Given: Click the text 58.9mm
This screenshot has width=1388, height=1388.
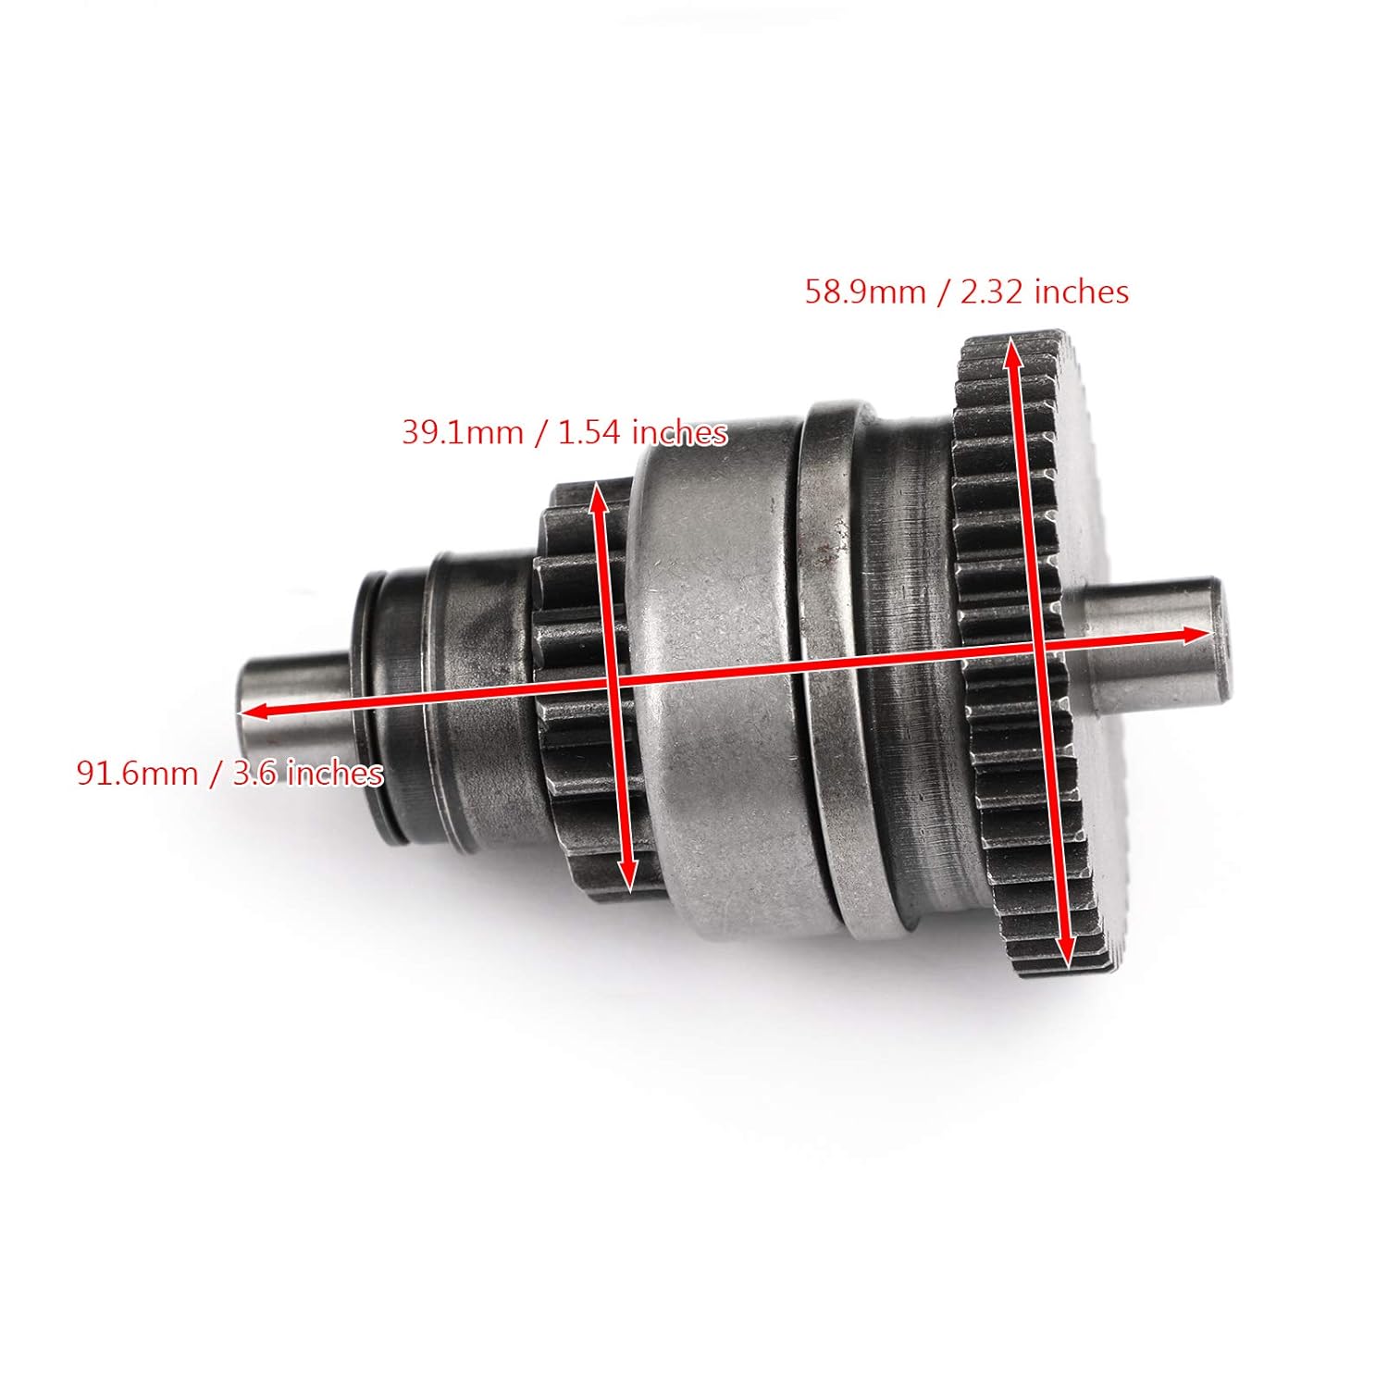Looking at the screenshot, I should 865,292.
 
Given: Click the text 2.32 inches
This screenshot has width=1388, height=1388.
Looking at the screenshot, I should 1045,292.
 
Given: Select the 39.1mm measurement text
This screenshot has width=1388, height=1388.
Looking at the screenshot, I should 462,432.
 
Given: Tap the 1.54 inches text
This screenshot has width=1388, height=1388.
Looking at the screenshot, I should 642,432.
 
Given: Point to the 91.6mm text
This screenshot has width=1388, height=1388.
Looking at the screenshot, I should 137,773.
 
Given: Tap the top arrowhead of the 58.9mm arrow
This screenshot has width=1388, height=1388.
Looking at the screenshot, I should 1012,348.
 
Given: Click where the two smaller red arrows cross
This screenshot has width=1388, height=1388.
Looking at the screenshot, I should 613,682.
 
